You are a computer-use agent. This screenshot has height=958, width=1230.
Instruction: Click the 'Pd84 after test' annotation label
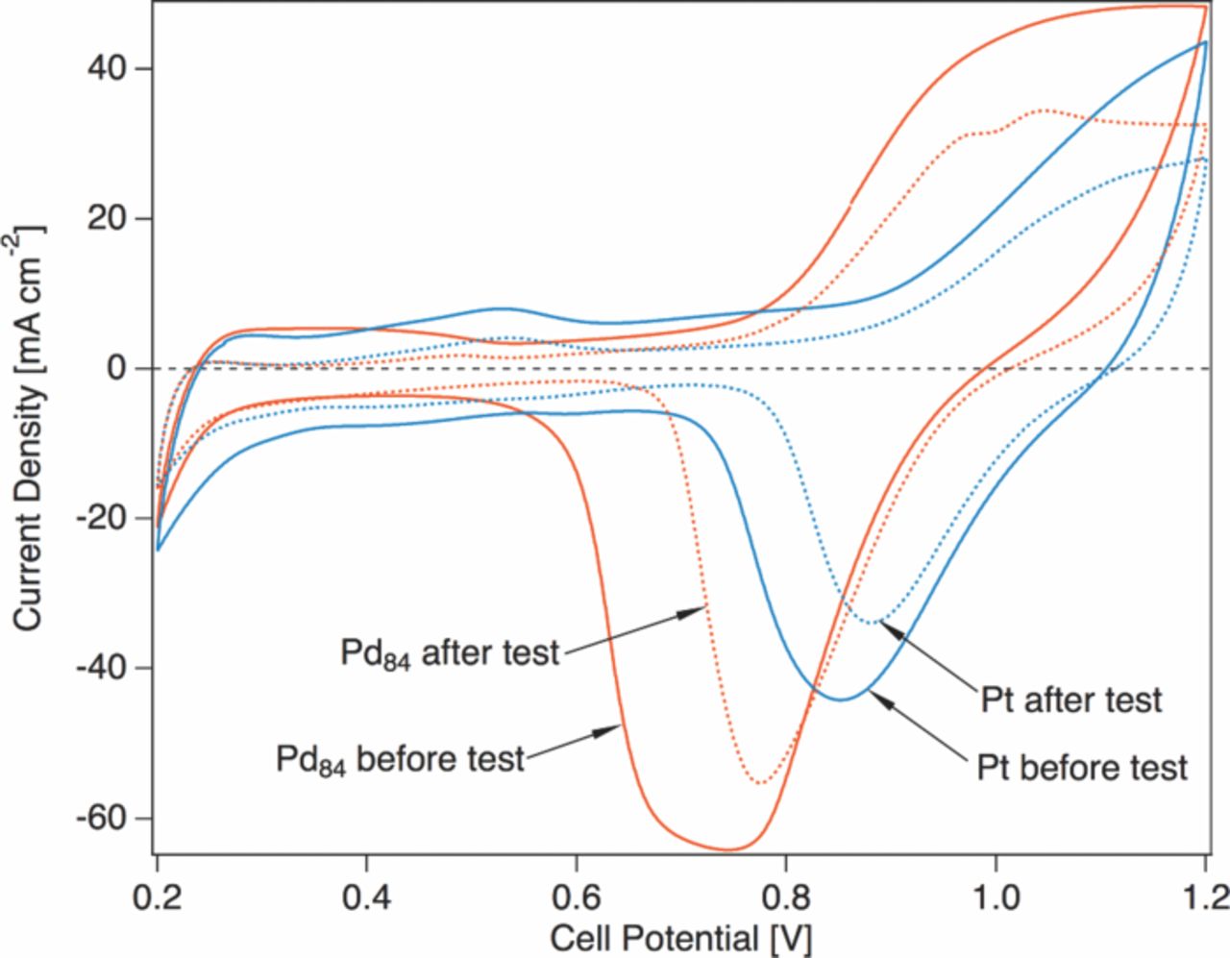(x=449, y=653)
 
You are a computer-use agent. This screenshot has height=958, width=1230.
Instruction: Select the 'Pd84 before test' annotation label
(x=400, y=758)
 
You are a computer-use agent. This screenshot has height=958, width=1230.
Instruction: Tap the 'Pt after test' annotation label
(x=1070, y=700)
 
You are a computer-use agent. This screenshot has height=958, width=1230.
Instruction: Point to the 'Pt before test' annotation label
(x=1082, y=768)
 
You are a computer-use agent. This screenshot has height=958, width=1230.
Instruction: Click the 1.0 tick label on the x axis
(x=996, y=898)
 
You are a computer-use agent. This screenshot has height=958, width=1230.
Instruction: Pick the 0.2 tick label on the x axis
(x=158, y=898)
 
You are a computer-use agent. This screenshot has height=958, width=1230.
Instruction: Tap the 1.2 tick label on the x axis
(x=1203, y=898)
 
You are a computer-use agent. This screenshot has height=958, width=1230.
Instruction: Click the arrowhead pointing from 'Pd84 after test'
(x=701, y=608)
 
